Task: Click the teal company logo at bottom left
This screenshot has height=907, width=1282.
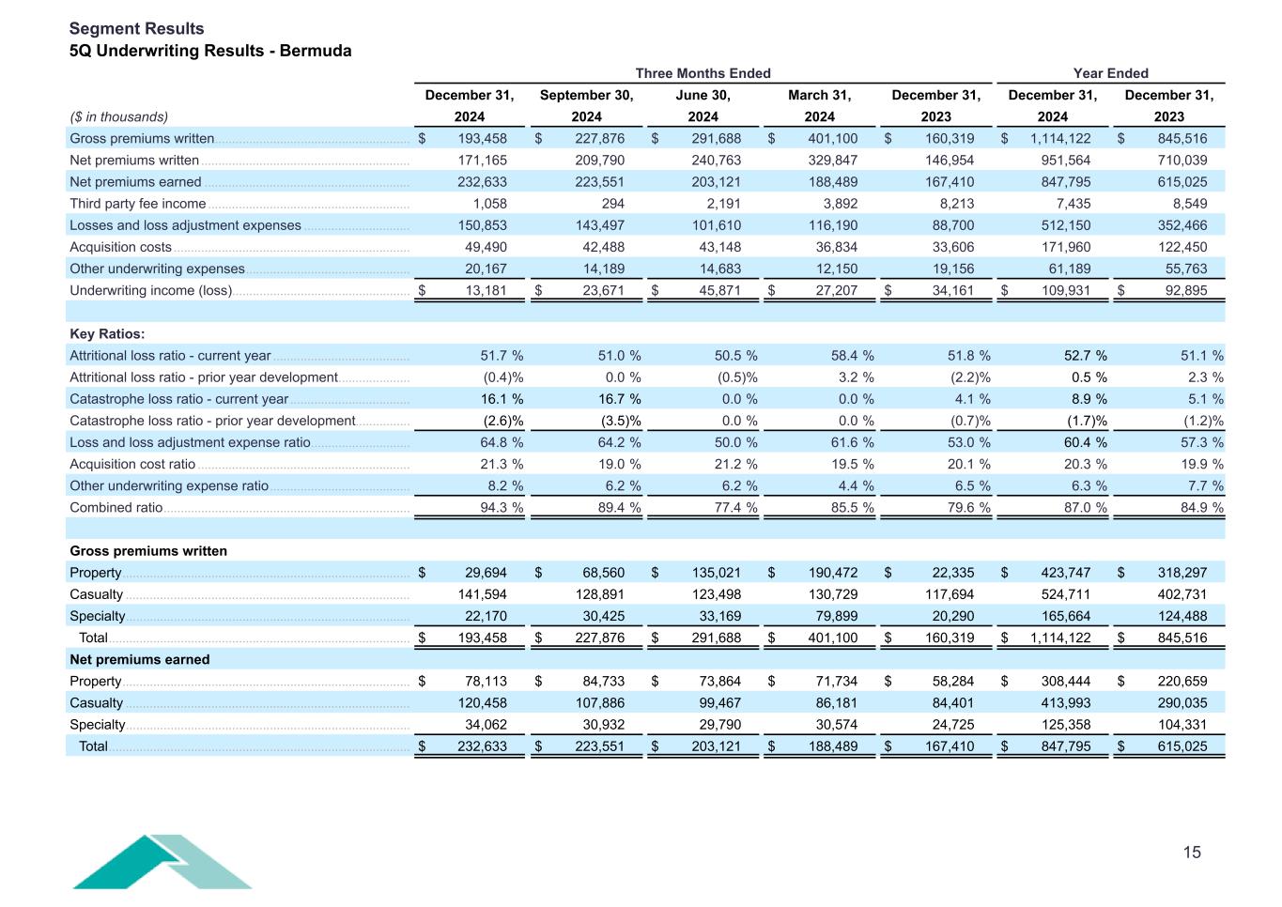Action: pyautogui.click(x=162, y=861)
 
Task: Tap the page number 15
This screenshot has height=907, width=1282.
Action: pyautogui.click(x=1191, y=853)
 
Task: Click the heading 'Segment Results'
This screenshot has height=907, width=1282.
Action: pyautogui.click(x=136, y=28)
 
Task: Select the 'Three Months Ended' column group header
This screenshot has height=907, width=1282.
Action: pyautogui.click(x=703, y=73)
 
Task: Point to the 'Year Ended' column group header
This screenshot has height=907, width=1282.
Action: pyautogui.click(x=1110, y=73)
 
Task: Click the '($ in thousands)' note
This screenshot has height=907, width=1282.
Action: pyautogui.click(x=118, y=116)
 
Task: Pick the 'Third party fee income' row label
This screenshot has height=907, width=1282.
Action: pyautogui.click(x=137, y=204)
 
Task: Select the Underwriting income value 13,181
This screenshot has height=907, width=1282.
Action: pyautogui.click(x=486, y=290)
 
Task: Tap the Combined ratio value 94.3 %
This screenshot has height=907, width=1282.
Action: pyautogui.click(x=502, y=508)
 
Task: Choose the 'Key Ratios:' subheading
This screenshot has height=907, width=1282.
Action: pyautogui.click(x=107, y=334)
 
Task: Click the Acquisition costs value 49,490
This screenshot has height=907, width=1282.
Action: pyautogui.click(x=486, y=247)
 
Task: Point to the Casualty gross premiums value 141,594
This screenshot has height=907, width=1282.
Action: pyautogui.click(x=482, y=594)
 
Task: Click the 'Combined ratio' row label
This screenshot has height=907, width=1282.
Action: pyautogui.click(x=116, y=508)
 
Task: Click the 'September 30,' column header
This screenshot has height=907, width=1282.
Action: pyautogui.click(x=586, y=95)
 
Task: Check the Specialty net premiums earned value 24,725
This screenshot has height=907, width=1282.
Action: pyautogui.click(x=948, y=725)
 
